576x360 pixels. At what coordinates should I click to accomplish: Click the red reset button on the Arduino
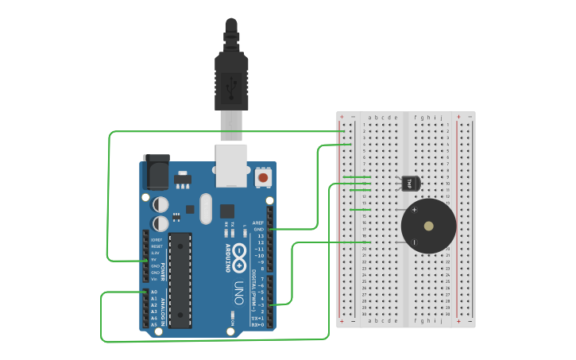point(262,179)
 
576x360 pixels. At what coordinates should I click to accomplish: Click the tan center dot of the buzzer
point(429,226)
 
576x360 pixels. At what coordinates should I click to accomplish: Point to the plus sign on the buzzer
point(414,210)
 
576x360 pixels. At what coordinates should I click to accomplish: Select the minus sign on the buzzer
point(414,242)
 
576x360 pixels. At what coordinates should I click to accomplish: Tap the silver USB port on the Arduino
point(232,165)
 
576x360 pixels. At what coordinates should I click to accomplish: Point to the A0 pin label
point(153,292)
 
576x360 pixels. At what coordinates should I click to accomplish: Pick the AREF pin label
point(258,223)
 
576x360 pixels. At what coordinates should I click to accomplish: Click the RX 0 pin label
point(257,324)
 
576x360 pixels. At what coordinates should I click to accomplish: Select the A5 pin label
point(153,324)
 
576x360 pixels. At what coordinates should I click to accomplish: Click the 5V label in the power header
point(153,260)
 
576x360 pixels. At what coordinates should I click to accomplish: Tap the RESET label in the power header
point(156,246)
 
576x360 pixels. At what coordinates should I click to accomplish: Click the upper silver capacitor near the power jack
point(161,204)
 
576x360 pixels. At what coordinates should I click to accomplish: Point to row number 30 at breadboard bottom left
point(364,314)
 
